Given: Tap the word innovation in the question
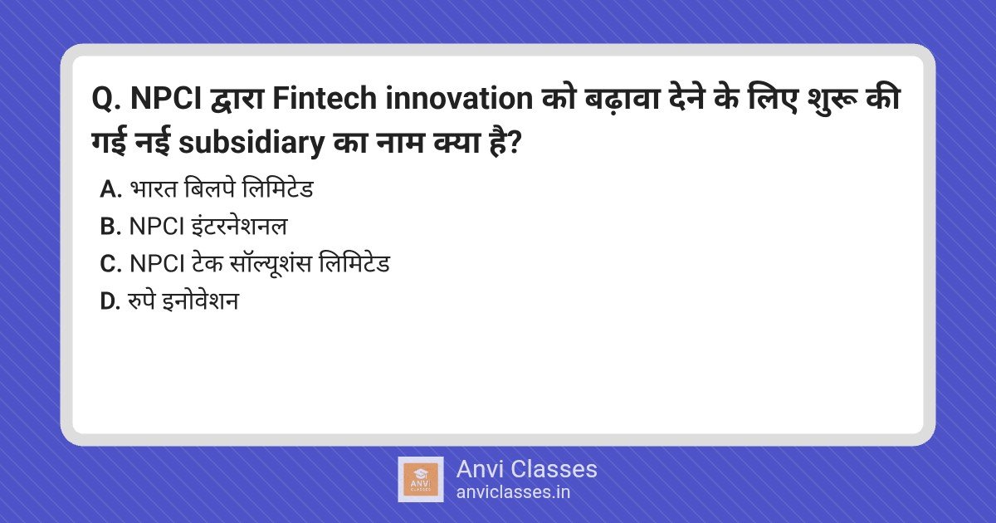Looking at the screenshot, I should point(456,100).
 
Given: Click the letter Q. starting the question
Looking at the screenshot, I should point(106,100).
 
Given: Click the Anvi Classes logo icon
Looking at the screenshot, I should point(420,479).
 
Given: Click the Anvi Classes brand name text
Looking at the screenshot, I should point(526,469).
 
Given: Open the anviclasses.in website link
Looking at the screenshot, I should point(513,491).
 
